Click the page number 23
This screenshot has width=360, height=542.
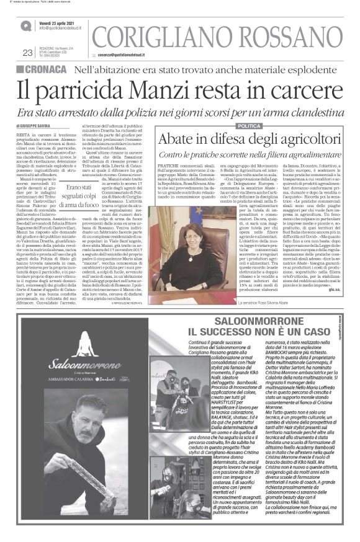[x=27, y=53]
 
